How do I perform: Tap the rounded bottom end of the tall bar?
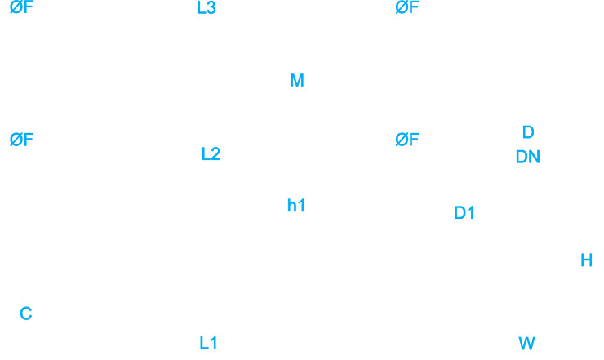526,134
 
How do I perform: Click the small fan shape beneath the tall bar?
527,154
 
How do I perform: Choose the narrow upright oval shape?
582,259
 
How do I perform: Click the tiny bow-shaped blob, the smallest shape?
527,341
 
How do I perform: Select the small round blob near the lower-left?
25,310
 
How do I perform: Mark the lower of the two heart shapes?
208,332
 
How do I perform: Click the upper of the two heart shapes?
210,146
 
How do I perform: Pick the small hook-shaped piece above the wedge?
295,79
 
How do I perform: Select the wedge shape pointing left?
286,202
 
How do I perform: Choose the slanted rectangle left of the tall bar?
421,131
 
